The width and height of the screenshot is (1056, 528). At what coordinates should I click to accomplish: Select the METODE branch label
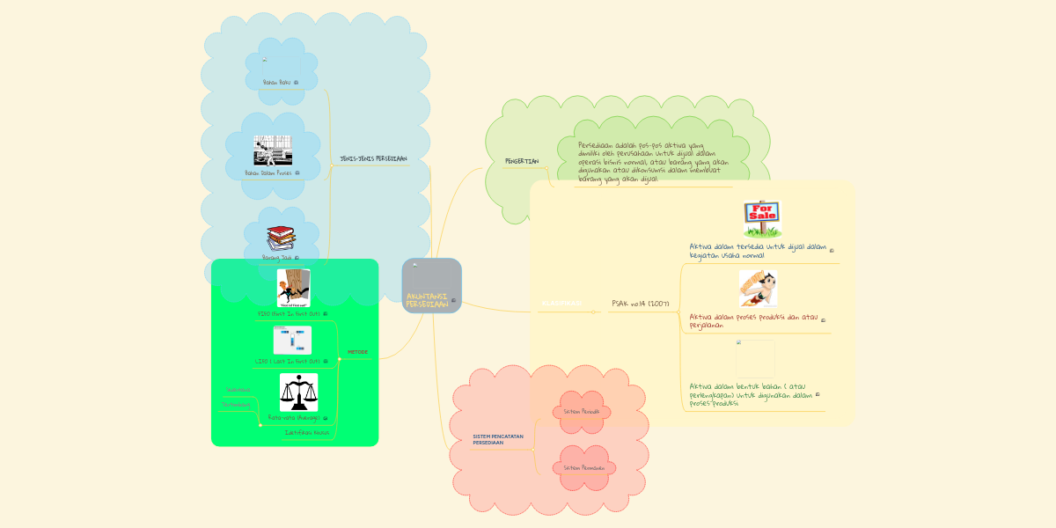point(357,352)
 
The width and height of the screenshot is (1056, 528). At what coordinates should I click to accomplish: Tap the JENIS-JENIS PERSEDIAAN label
point(373,159)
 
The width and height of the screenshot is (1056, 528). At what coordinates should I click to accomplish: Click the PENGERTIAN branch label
point(521,162)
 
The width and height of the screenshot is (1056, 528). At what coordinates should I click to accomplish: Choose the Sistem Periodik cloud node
point(581,411)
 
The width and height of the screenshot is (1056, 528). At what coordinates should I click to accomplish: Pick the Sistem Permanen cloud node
point(581,467)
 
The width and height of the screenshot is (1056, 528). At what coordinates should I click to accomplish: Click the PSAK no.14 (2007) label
point(641,304)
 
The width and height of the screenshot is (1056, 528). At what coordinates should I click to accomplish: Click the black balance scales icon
point(298,392)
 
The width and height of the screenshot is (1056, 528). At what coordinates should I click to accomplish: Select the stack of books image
point(281,238)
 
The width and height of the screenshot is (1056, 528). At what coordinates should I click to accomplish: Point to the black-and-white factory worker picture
point(273,150)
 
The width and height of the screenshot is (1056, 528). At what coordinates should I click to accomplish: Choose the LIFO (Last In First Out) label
point(287,361)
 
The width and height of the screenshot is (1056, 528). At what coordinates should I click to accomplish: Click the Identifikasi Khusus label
point(307,433)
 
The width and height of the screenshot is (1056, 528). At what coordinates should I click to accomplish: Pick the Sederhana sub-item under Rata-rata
point(238,390)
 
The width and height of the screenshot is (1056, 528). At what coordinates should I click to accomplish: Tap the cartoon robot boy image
point(758,289)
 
